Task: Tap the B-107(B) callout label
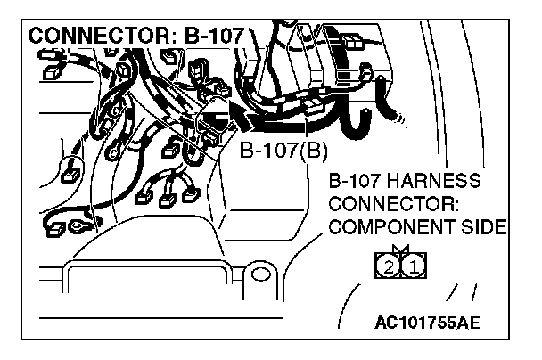[284, 150]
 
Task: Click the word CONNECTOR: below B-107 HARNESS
[393, 204]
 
